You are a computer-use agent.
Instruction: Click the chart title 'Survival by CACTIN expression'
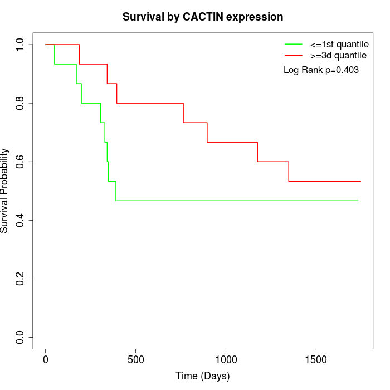tap(203, 17)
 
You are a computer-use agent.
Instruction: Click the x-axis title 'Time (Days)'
tap(203, 376)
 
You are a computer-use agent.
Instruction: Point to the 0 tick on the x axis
tap(46, 359)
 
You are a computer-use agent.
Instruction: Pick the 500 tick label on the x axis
tap(136, 359)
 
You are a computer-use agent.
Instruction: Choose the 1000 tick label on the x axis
tap(226, 359)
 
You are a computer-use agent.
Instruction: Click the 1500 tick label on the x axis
tap(316, 359)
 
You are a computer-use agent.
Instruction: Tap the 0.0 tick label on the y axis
tap(21, 337)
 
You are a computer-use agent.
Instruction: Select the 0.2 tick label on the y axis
tap(21, 279)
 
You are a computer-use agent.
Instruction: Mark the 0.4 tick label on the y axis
tap(21, 220)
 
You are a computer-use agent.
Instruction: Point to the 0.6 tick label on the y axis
tap(21, 162)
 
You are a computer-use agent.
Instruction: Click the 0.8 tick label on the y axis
tap(21, 103)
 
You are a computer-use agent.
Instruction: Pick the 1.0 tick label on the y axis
tap(21, 45)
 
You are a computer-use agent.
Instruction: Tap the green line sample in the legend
tap(294, 44)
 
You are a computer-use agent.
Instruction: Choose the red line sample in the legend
tap(294, 56)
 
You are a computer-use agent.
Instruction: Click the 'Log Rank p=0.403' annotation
tap(321, 70)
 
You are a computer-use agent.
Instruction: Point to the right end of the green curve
tap(358, 201)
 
